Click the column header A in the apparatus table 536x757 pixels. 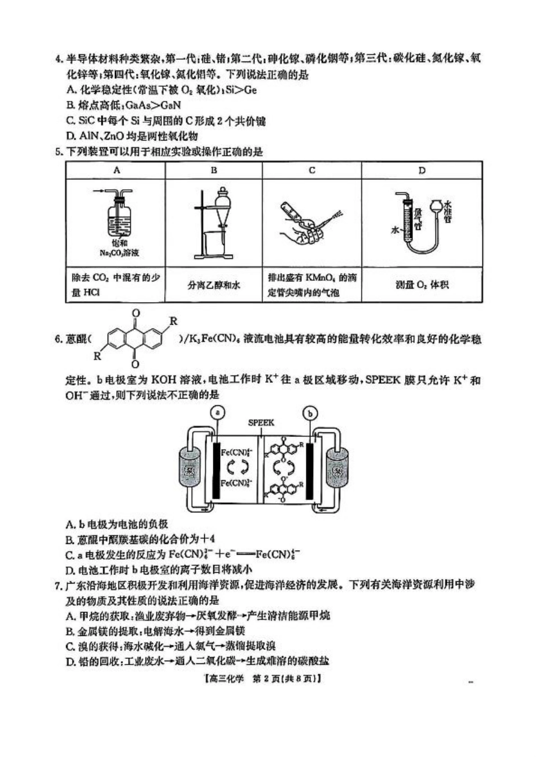coord(116,170)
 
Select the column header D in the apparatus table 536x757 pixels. coord(421,170)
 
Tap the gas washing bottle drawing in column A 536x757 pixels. coord(118,217)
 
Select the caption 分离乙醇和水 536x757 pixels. coord(214,285)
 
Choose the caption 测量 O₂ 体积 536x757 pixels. coord(421,285)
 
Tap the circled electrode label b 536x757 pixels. coord(310,413)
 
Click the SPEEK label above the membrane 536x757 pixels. coord(261,423)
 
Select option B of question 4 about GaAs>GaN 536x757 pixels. coord(124,105)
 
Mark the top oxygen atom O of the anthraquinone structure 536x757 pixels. coord(135,313)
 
